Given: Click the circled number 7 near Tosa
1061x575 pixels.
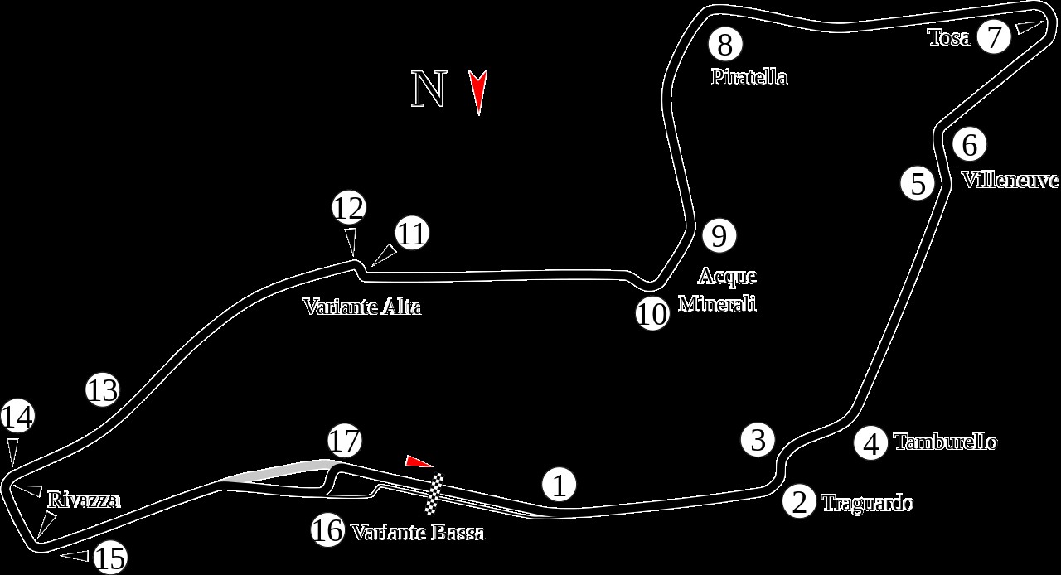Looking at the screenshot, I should click(x=995, y=36).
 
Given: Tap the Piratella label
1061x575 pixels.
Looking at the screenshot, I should click(x=749, y=77).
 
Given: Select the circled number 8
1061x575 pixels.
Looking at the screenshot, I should click(x=724, y=45).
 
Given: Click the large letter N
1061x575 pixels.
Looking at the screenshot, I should click(x=429, y=89).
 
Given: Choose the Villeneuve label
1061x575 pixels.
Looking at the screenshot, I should click(x=1010, y=180).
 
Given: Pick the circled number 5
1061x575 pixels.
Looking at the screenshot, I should click(x=918, y=183).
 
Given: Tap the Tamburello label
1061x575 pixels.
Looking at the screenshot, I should click(x=945, y=442).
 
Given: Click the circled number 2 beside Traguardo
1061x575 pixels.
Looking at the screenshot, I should click(x=799, y=502).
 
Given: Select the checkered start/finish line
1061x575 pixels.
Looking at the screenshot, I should click(x=434, y=494).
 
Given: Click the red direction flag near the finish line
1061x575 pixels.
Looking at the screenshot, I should click(x=419, y=461).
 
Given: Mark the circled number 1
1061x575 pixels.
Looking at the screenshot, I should click(x=560, y=485).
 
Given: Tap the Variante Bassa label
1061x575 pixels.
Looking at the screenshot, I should click(x=418, y=533).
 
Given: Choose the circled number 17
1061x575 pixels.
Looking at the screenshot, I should click(x=345, y=441).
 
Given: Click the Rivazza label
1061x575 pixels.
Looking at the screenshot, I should click(x=84, y=500).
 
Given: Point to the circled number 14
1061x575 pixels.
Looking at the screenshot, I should click(x=17, y=416).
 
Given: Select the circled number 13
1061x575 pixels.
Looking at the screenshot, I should click(x=103, y=389).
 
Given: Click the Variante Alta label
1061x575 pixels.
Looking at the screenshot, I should click(x=361, y=307).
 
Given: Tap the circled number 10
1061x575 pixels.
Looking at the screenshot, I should click(x=652, y=314).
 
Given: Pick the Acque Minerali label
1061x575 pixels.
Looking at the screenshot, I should click(x=717, y=289).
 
